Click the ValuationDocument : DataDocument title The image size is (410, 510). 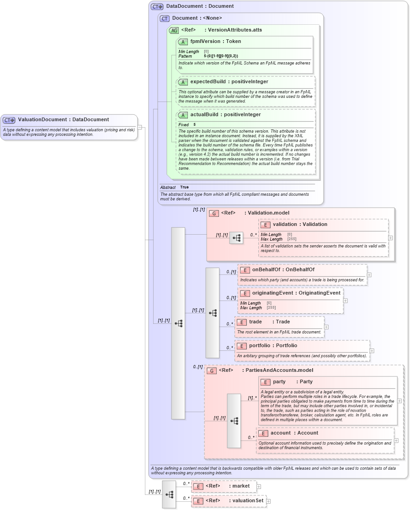(63, 120)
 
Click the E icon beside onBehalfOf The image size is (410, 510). (245, 270)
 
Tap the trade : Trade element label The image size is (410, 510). (269, 322)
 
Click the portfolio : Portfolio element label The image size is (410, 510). (273, 345)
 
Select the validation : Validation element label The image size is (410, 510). (300, 224)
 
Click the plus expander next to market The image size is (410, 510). (259, 486)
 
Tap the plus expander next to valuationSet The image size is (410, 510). (268, 501)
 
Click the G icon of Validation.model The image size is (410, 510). (213, 213)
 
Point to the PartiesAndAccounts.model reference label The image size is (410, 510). (266, 370)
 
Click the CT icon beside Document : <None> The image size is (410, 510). (165, 18)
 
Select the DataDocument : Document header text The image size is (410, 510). (200, 6)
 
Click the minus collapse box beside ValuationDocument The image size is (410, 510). (139, 127)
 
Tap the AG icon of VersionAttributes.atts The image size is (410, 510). (174, 31)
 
